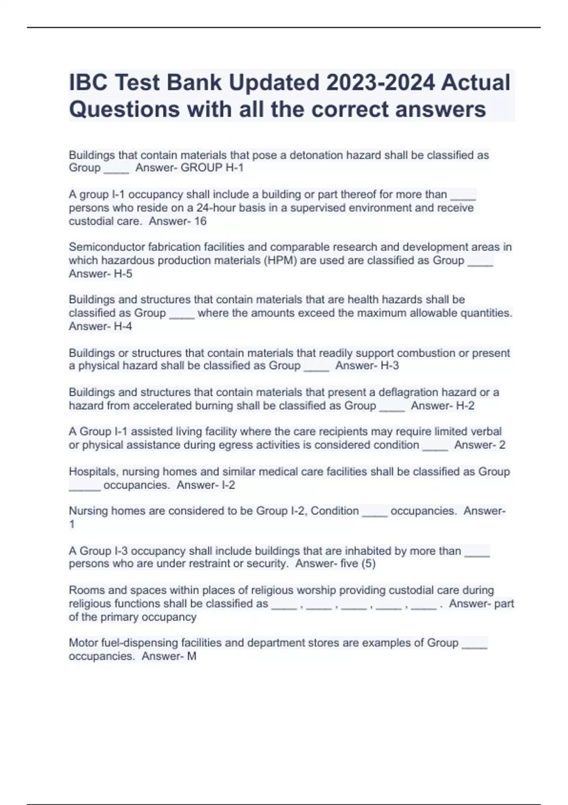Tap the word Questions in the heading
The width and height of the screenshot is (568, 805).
coord(124,109)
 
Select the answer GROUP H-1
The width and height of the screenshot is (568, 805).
coord(212,168)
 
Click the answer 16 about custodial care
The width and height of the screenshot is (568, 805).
coord(200,221)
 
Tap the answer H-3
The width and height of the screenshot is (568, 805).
coord(390,366)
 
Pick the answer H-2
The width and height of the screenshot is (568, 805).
coord(465,406)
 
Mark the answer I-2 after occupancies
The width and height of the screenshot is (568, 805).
coord(228,485)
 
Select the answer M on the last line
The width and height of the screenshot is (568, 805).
coord(192,656)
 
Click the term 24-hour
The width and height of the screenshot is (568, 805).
coord(219,208)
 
